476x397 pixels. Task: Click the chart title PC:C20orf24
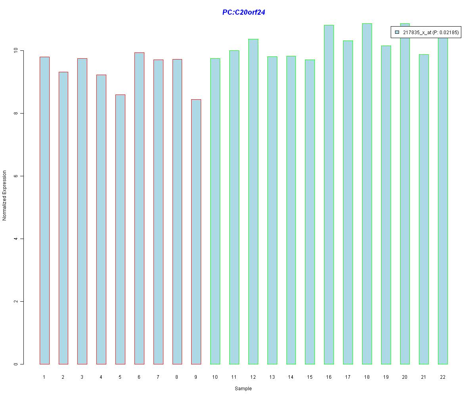click(x=244, y=12)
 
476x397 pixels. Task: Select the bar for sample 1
click(x=44, y=210)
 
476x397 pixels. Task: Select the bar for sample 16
click(x=329, y=195)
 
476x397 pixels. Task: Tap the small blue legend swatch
click(x=397, y=33)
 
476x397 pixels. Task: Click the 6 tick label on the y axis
click(x=16, y=176)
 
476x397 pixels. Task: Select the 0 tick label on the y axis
click(x=16, y=364)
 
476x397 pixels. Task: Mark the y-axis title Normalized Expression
click(x=5, y=195)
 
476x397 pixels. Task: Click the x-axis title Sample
click(x=243, y=389)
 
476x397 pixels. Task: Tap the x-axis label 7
click(x=158, y=377)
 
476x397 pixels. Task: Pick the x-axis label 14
click(x=291, y=377)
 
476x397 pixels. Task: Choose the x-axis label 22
click(x=443, y=377)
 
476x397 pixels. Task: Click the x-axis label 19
click(x=386, y=377)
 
